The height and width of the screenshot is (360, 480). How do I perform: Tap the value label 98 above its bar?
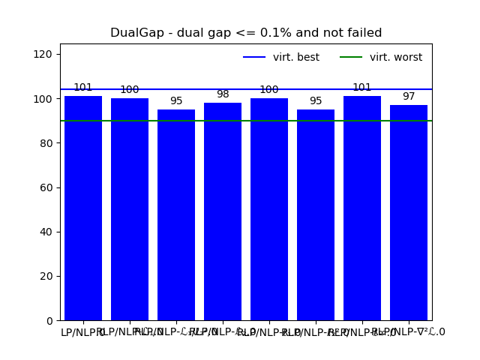pyautogui.click(x=223, y=94)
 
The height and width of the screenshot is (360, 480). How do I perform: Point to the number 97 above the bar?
pyautogui.click(x=409, y=97)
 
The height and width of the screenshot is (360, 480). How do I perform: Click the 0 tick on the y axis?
pyautogui.click(x=50, y=321)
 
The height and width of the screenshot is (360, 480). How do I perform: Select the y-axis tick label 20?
pyautogui.click(x=47, y=276)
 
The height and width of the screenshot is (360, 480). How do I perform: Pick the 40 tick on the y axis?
pyautogui.click(x=47, y=232)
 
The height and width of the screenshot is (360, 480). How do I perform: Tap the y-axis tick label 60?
pyautogui.click(x=47, y=187)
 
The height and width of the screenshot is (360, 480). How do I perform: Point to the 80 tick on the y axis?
pyautogui.click(x=47, y=143)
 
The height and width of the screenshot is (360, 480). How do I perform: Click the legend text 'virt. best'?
pyautogui.click(x=296, y=58)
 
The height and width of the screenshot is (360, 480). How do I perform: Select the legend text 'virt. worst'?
pyautogui.click(x=396, y=58)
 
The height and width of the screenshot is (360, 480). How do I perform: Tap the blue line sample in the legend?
pyautogui.click(x=254, y=58)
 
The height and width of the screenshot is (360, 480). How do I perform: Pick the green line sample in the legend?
pyautogui.click(x=351, y=58)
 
